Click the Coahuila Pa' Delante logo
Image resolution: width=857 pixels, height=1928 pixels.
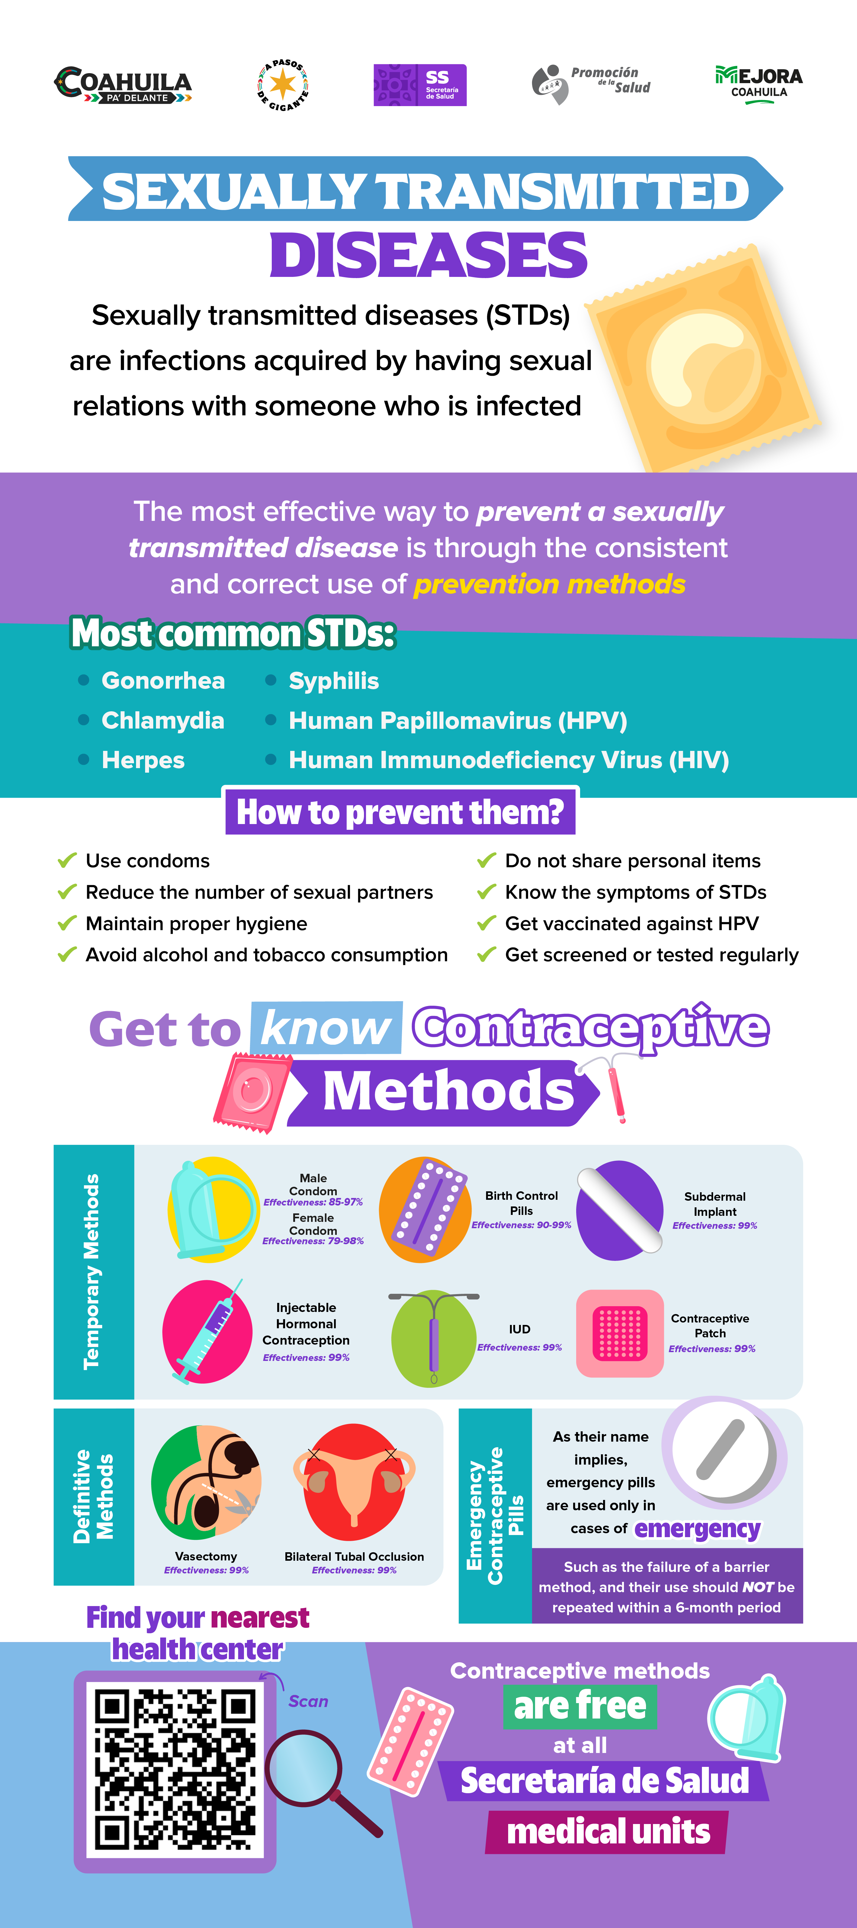tap(123, 84)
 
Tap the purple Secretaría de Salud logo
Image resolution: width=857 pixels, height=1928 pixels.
tap(420, 85)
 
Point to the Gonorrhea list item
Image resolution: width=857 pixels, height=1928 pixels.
tap(163, 680)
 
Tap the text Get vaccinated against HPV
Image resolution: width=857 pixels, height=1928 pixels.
tap(632, 923)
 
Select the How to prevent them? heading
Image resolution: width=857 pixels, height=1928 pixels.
tap(401, 812)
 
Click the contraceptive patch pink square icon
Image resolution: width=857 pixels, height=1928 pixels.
tap(620, 1333)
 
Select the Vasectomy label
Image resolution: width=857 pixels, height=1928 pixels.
tap(206, 1556)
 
